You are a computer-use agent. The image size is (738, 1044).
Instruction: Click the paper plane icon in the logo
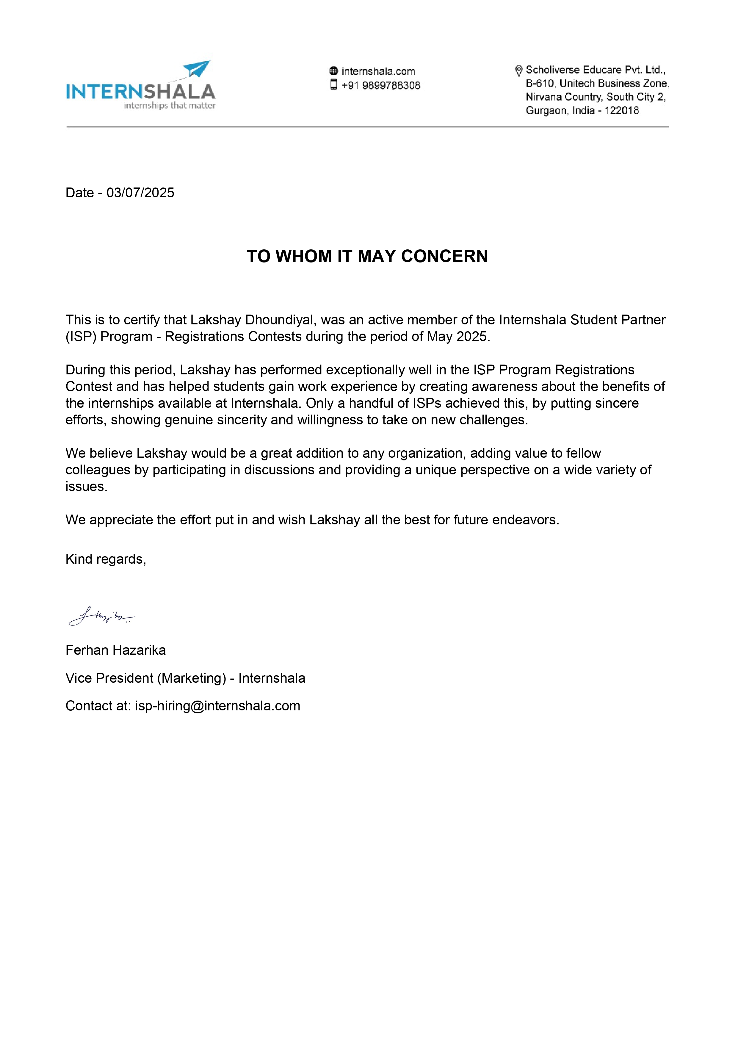click(197, 69)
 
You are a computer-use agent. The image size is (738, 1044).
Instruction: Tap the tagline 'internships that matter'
click(170, 105)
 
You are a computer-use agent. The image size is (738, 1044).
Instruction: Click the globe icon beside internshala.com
click(333, 71)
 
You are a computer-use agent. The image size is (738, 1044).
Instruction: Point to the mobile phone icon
click(333, 85)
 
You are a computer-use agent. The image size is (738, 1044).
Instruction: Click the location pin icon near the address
click(518, 71)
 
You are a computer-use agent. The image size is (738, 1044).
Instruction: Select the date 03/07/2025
click(140, 193)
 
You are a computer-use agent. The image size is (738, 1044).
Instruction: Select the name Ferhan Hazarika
click(115, 650)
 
